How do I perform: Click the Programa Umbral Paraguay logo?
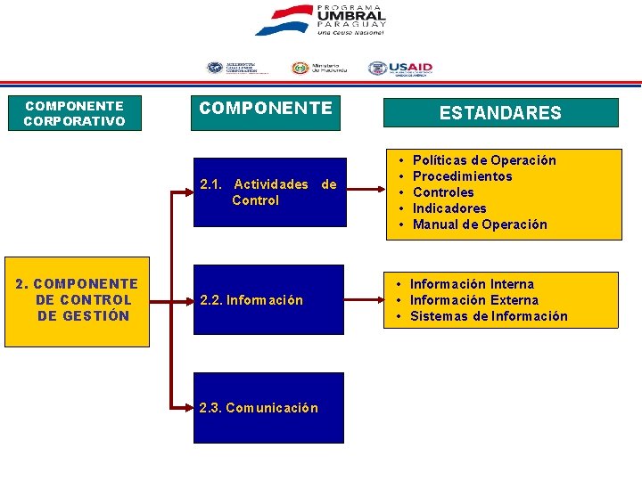[x=321, y=20]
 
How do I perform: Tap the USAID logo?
[x=400, y=69]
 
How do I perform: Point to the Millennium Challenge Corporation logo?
[x=232, y=69]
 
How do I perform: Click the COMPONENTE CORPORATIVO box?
[x=74, y=113]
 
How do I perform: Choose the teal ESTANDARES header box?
[x=500, y=113]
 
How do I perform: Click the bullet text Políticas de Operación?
[x=484, y=160]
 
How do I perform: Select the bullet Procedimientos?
[x=463, y=176]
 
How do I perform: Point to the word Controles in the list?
[x=443, y=192]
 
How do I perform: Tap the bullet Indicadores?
[x=449, y=208]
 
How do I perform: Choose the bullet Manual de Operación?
[x=480, y=224]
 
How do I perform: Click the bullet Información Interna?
[x=473, y=284]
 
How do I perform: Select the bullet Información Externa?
[x=474, y=300]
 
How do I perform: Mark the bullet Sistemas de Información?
[x=489, y=316]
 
